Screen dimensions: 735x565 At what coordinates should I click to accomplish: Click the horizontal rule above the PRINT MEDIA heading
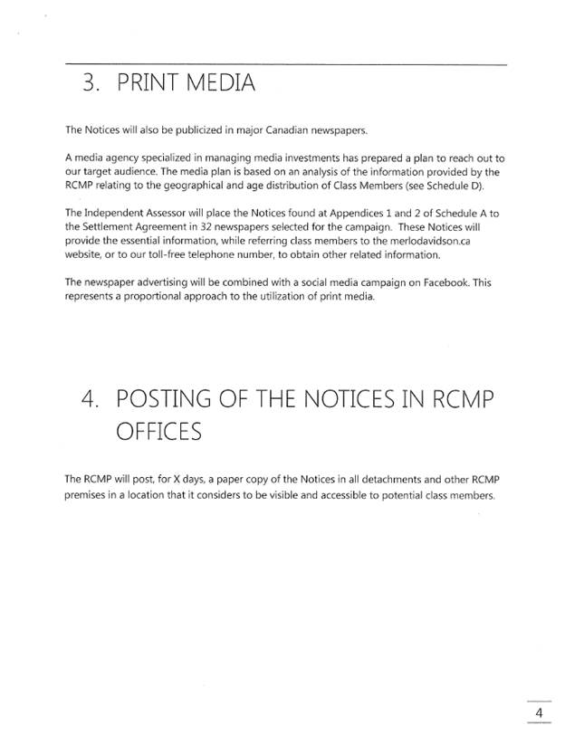pos(285,63)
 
